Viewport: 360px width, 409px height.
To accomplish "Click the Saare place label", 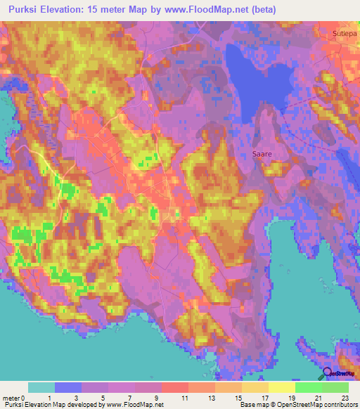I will [262, 152].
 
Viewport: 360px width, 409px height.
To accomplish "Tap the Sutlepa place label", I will [345, 33].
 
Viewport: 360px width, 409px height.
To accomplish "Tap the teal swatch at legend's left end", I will [41, 387].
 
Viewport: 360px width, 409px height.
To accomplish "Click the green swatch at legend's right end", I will [335, 387].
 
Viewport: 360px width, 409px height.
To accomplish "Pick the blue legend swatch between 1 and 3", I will [68, 387].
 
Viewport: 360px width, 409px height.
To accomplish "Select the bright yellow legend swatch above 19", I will [282, 387].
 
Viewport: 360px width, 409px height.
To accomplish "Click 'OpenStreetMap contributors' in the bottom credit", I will [315, 405].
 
